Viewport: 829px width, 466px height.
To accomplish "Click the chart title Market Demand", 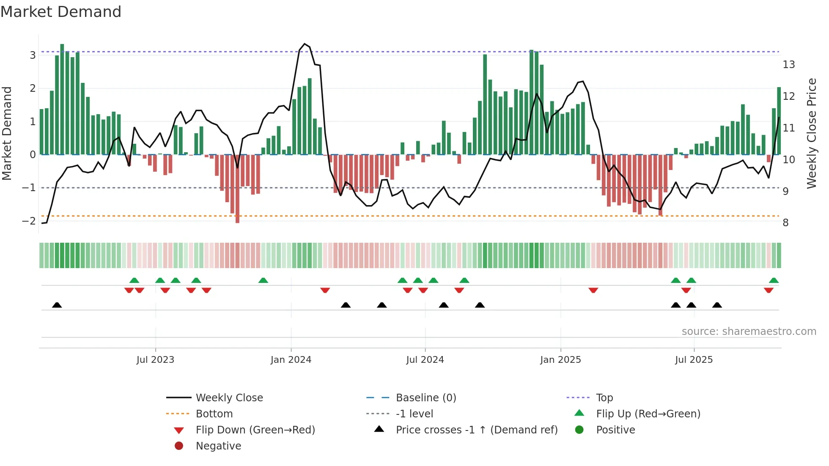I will pos(61,12).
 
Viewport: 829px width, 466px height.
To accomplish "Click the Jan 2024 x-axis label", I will pos(291,360).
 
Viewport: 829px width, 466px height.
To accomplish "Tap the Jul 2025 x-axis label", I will pos(694,360).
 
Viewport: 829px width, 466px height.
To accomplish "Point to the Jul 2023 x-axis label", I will pos(155,360).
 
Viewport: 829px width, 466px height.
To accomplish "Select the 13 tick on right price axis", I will pos(788,65).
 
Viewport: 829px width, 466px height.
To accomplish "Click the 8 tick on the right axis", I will pos(785,223).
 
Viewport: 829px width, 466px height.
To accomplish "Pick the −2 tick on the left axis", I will pos(29,221).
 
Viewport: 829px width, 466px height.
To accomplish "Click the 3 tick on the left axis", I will pos(33,55).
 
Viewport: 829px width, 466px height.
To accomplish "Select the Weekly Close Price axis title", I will pos(811,133).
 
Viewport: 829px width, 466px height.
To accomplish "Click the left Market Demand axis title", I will pos(7,133).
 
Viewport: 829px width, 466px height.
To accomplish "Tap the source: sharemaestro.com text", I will pos(749,332).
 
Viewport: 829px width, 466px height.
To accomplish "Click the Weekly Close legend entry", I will pos(229,398).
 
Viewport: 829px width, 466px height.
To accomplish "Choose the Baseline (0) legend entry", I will pos(425,398).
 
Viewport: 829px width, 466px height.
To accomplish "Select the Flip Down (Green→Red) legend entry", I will pos(255,430).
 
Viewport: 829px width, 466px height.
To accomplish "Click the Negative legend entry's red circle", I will pos(179,446).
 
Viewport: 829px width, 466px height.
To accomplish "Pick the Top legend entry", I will pos(604,398).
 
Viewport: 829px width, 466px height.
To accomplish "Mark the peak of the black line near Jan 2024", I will pos(305,44).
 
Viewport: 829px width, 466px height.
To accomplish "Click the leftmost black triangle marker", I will pos(57,305).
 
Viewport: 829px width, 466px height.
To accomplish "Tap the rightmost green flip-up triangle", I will pos(774,280).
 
